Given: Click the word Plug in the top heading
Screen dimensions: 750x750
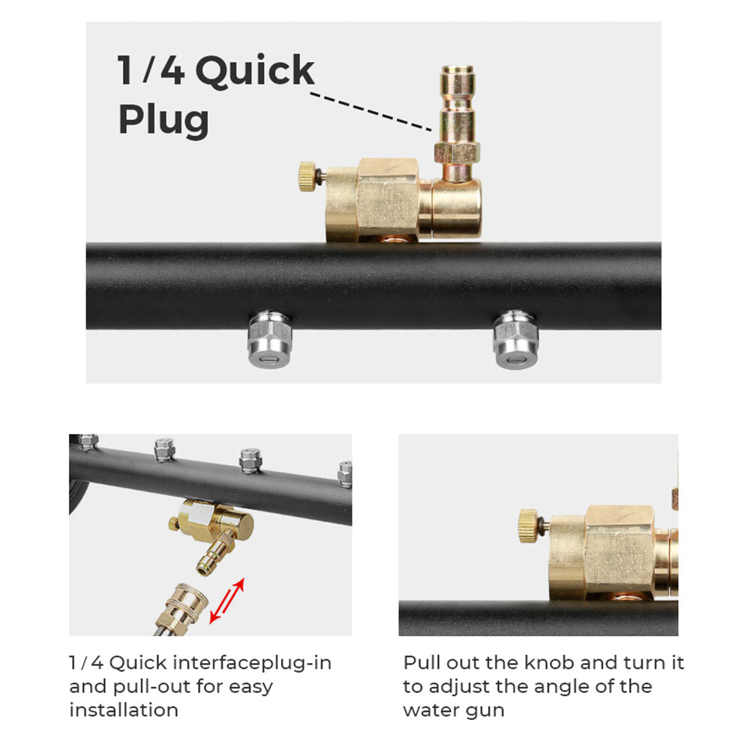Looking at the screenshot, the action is pyautogui.click(x=163, y=119).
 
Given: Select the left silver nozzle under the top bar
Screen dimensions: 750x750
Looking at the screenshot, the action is pyautogui.click(x=270, y=339).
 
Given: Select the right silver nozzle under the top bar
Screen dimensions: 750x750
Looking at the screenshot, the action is pyautogui.click(x=516, y=339).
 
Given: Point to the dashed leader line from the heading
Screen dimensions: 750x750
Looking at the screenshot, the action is pyautogui.click(x=371, y=112).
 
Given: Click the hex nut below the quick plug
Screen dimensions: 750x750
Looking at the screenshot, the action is pyautogui.click(x=457, y=153).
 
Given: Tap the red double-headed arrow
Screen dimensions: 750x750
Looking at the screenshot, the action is pyautogui.click(x=227, y=601).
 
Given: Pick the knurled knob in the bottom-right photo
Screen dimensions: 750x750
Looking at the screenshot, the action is pyautogui.click(x=529, y=526).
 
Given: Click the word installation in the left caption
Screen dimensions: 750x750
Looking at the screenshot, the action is pyautogui.click(x=124, y=709).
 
